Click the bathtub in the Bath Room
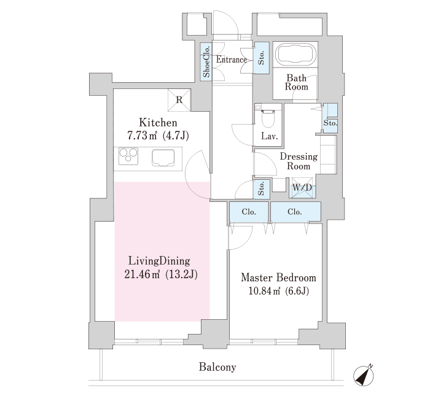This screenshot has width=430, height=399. (x=295, y=54)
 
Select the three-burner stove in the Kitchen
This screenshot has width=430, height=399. (x=128, y=156)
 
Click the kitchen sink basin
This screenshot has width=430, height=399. (x=163, y=158)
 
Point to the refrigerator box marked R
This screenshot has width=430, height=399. (x=179, y=100)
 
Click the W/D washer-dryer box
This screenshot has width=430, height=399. (x=302, y=188)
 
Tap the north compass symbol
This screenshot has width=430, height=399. (x=364, y=376)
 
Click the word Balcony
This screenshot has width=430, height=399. (x=217, y=367)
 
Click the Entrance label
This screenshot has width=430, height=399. (x=232, y=60)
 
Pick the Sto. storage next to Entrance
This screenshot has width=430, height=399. (x=261, y=58)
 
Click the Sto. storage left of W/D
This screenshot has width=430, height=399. (x=261, y=188)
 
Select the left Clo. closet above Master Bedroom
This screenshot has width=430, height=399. (x=249, y=212)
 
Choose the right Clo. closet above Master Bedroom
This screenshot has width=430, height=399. (x=295, y=212)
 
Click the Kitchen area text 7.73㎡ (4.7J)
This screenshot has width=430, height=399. (x=158, y=136)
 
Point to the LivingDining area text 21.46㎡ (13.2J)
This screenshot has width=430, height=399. (x=161, y=274)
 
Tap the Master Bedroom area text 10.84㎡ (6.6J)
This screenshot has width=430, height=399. (x=279, y=291)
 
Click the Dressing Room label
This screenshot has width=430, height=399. (x=299, y=161)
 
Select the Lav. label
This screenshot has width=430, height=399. (x=270, y=136)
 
